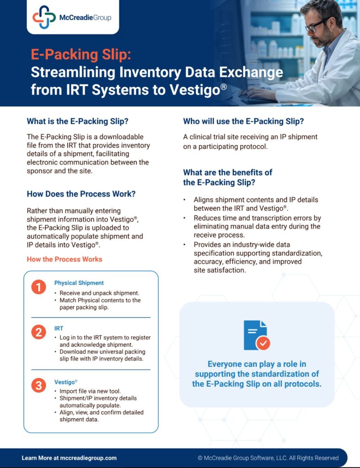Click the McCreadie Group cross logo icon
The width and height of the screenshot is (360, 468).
click(44, 17)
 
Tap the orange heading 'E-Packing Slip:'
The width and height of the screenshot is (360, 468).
click(81, 54)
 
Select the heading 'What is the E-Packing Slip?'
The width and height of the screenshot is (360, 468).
click(78, 121)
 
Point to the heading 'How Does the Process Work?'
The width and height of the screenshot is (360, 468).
click(81, 194)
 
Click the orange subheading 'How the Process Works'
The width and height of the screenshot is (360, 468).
click(64, 259)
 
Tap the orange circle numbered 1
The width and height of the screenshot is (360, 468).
click(38, 287)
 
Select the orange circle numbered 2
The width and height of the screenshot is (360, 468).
click(38, 332)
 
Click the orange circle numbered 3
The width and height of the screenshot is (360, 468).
click(38, 385)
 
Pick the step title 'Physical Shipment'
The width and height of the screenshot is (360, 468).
click(79, 283)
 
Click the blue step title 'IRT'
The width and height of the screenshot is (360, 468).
click(59, 328)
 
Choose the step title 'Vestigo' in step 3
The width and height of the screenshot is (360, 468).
click(65, 382)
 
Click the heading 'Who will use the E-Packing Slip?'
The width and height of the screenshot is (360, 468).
click(243, 121)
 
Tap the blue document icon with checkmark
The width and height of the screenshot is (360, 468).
click(257, 335)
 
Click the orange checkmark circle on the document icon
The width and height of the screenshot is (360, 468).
click(263, 343)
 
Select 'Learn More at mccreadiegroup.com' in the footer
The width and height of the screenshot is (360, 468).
click(70, 458)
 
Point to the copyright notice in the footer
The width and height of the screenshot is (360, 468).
click(268, 458)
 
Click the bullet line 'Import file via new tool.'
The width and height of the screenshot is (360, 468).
click(90, 391)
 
